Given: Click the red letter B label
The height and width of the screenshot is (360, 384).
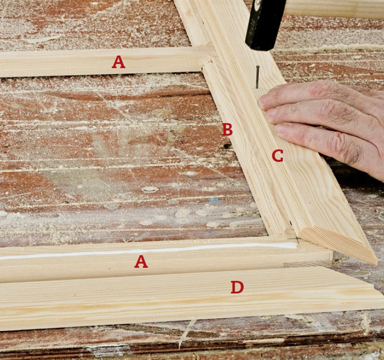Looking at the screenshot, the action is (227, 130).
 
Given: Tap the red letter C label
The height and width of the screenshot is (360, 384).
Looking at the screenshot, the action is (278, 156).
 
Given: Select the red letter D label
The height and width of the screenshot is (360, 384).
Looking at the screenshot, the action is (237, 287).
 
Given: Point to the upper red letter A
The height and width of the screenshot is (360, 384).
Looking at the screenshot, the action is (118, 62).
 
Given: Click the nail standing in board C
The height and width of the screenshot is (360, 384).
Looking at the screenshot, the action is (257, 77).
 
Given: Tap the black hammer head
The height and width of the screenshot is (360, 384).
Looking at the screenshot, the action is (266, 25).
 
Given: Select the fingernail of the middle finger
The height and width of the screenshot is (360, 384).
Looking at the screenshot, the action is (270, 116).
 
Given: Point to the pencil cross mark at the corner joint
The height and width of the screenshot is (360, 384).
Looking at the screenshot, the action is (297, 239).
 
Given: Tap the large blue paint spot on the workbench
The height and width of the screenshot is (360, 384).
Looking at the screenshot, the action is (215, 201).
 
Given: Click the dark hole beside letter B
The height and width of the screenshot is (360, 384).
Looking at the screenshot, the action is (228, 146).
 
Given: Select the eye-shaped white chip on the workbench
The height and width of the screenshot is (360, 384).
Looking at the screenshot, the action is (150, 189).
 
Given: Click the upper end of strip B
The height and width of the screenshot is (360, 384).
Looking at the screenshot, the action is (207, 64).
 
